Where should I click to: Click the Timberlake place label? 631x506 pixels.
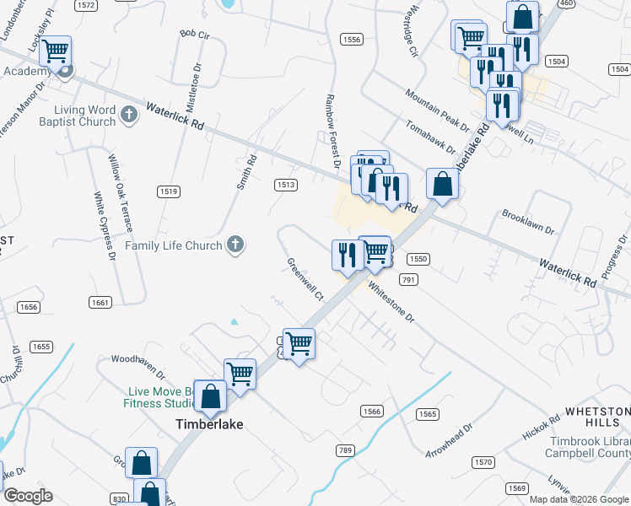tap(208, 424)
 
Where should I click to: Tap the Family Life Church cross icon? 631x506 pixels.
tap(235, 245)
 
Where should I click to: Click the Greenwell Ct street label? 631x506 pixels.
tap(305, 280)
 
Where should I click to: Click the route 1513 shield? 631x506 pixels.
tap(286, 185)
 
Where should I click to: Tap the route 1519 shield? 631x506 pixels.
tap(168, 191)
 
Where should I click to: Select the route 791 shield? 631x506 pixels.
tap(408, 279)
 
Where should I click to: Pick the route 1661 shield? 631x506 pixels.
tap(100, 302)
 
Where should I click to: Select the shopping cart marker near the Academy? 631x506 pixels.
tap(55, 51)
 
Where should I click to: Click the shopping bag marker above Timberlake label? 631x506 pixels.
tap(211, 395)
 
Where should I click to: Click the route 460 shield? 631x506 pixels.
tap(566, 3)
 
